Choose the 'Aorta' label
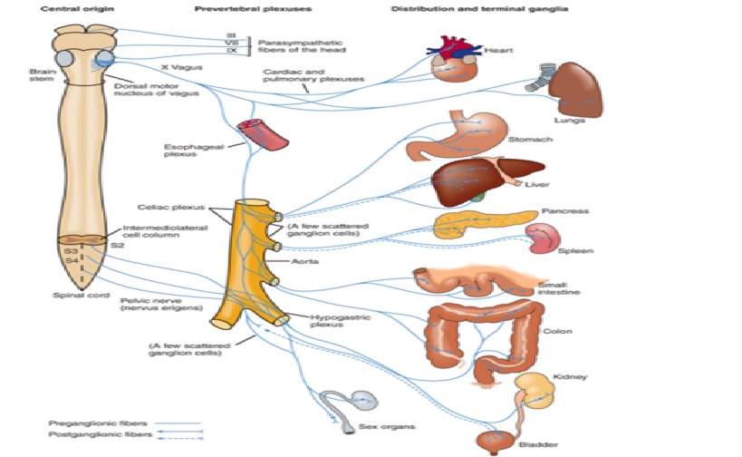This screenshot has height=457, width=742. click(301, 259)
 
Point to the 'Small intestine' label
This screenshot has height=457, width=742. click(558, 287)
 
